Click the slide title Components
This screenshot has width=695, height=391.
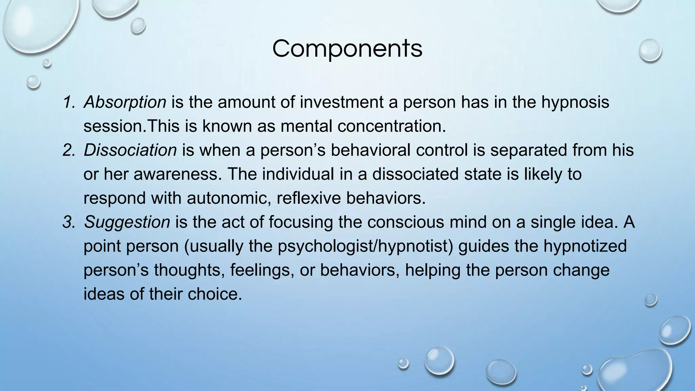coord(347,49)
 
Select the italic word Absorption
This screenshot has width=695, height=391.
coord(125,102)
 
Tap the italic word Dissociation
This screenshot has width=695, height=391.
coord(130,150)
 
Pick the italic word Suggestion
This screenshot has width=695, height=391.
coord(127,222)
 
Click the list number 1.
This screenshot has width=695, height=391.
coord(69,102)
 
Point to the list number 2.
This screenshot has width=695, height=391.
coord(69,150)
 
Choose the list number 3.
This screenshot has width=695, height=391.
coord(69,222)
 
